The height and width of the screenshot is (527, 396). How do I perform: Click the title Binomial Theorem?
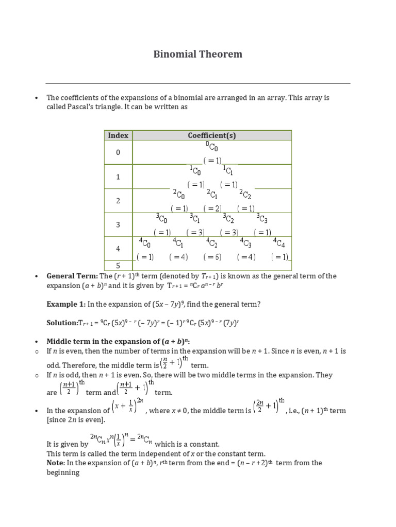pos(198,54)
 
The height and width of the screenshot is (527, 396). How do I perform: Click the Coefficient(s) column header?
pos(212,135)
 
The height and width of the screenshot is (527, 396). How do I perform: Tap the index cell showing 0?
pos(118,153)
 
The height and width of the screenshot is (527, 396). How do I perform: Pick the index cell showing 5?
pos(118,266)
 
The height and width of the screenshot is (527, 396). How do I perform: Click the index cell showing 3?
pos(118,225)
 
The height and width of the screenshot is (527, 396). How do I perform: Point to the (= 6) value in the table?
pos(212,257)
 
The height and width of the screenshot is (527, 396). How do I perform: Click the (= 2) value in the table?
pos(212,208)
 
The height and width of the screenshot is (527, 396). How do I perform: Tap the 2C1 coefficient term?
pos(212,195)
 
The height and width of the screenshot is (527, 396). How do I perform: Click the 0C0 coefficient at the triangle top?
pos(212,147)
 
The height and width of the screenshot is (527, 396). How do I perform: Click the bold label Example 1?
pos(66,304)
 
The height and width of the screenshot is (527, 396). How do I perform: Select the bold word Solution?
pos(62,323)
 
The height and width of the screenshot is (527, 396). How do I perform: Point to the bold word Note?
pos(55,463)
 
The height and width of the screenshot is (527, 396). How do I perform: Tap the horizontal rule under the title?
pos(198,83)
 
